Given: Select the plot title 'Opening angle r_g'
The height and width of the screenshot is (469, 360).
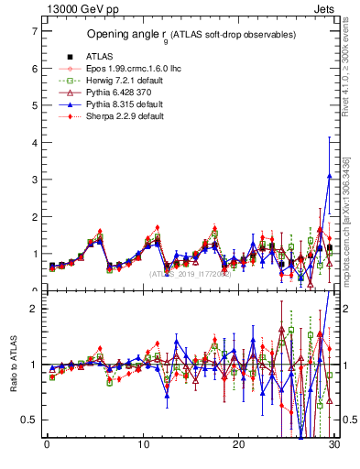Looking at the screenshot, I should [x=191, y=35].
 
